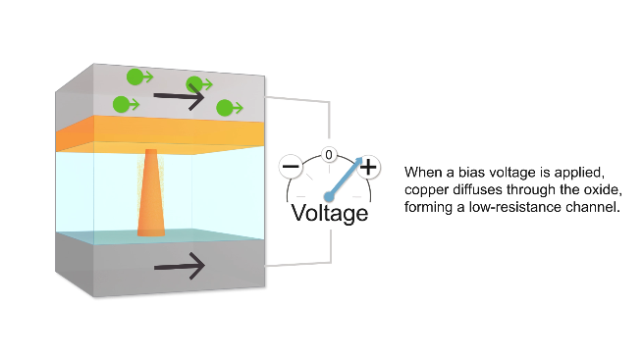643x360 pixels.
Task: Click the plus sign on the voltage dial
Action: [368, 168]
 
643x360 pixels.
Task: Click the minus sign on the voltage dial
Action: [292, 168]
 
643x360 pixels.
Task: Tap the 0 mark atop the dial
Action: [330, 155]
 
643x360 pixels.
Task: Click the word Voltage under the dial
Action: [330, 213]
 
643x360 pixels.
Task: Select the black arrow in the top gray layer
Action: [180, 97]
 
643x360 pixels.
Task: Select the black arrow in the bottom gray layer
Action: [180, 265]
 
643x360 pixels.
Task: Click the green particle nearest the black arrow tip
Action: [195, 84]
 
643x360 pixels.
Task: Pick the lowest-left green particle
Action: [122, 103]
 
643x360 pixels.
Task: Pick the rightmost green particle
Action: [226, 108]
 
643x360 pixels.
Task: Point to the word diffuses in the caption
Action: [478, 188]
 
